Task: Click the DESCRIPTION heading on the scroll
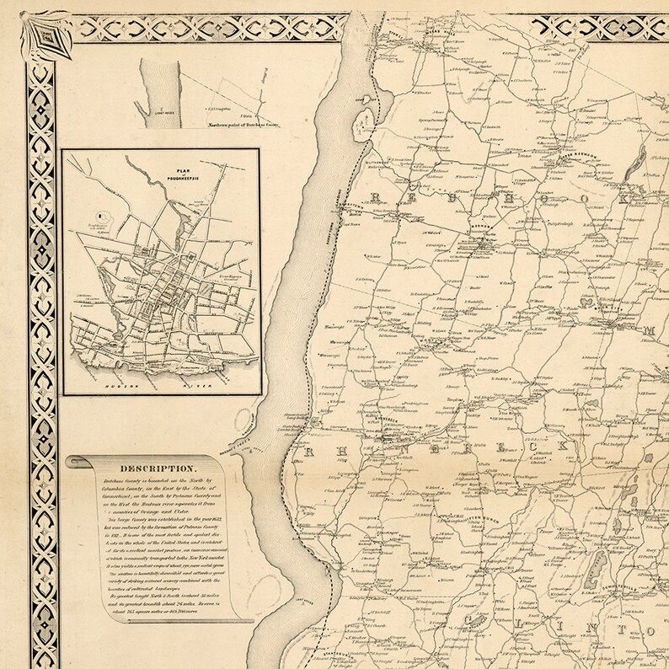(x=159, y=468)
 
